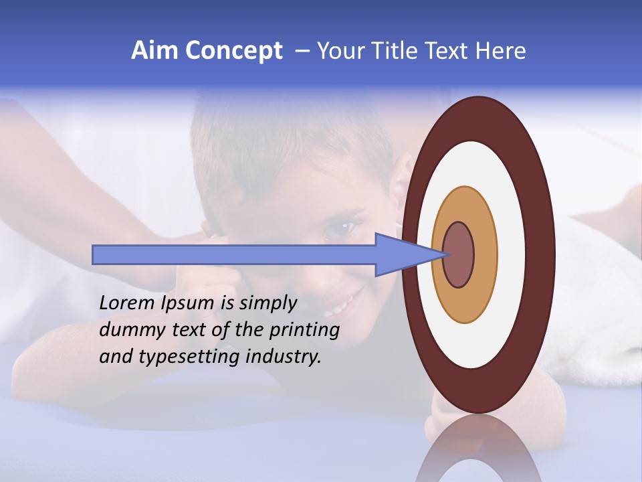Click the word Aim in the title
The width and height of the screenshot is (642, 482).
tap(155, 51)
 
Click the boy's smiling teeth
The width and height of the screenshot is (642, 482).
tap(341, 306)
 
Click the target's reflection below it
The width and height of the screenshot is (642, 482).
tap(477, 449)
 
